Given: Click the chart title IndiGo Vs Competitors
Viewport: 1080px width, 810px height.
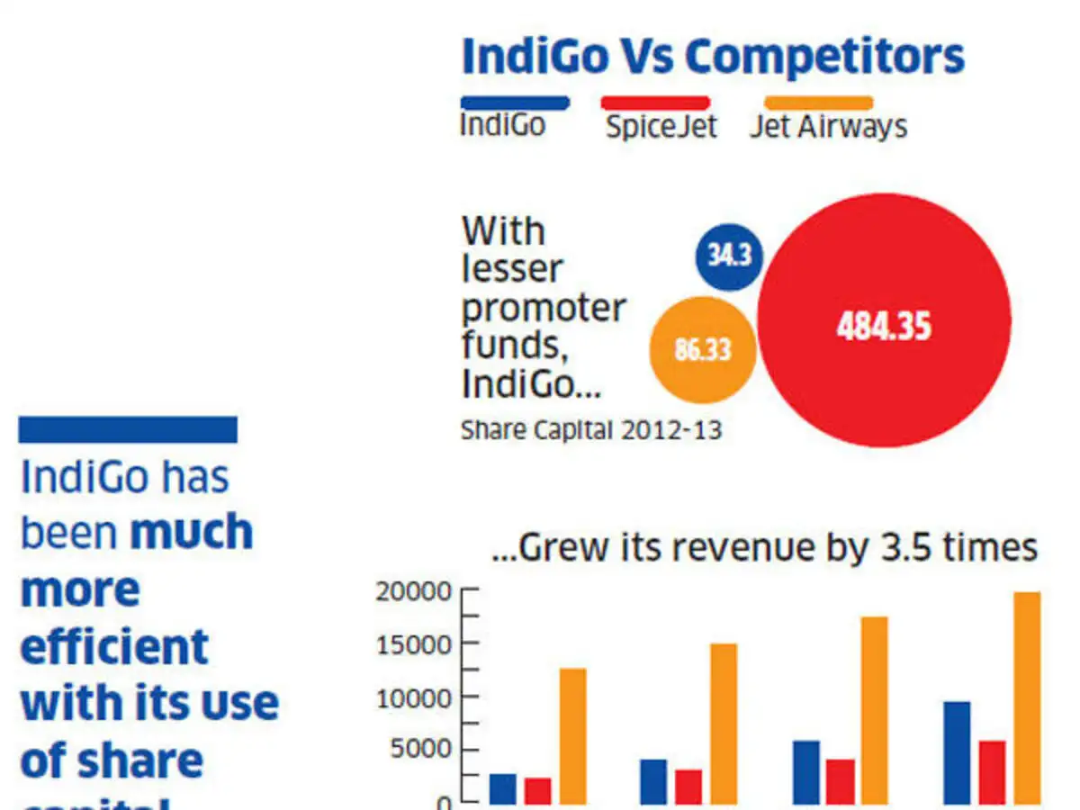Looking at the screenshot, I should coord(712,57).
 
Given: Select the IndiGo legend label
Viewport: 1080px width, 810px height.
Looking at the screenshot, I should coord(502,124).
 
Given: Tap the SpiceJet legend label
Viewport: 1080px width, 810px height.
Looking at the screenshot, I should coord(661,126).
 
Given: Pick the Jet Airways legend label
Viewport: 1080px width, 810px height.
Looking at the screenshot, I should coord(828,126).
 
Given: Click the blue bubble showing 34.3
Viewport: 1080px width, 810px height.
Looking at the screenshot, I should coord(729,256).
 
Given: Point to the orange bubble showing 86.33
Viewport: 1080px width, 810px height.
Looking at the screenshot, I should coord(702,349).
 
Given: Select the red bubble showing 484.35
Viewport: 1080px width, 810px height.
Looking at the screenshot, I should coord(884,321).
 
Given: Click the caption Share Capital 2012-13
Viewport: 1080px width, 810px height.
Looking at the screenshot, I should coord(591,430).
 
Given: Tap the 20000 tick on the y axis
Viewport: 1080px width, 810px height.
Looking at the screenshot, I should coord(414,591).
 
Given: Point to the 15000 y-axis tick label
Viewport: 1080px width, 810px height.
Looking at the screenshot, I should coord(414,644).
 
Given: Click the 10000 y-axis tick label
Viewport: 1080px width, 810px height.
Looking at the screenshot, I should coord(414,697).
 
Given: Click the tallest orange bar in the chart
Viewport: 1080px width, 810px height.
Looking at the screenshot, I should coord(1027,697).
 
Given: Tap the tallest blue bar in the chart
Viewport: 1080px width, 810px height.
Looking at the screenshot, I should coord(958,752).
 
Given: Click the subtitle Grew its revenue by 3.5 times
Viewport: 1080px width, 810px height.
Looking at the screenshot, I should coord(765,548).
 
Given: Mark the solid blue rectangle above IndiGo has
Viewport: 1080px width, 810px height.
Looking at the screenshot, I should coord(128,429).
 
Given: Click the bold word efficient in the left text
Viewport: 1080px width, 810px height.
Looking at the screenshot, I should coord(114,647).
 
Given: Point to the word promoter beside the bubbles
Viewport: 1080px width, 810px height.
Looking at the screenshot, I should coord(544,309).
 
